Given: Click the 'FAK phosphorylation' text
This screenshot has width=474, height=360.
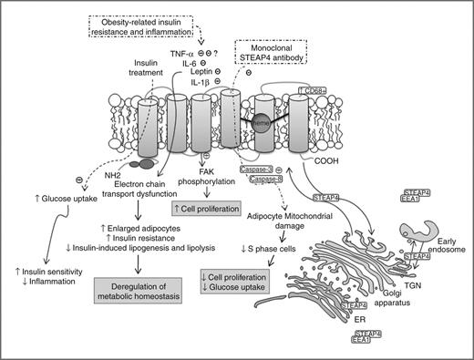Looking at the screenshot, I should pos(191,184).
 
